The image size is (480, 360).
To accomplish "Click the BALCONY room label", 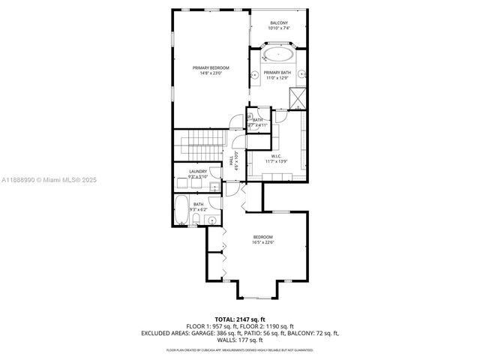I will (x=279, y=23).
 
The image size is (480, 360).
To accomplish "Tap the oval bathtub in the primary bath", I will (x=280, y=55).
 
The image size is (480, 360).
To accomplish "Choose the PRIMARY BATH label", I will (x=276, y=72).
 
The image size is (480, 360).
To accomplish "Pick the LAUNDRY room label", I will (x=198, y=171).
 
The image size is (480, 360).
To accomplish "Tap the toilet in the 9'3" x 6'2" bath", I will (x=195, y=219).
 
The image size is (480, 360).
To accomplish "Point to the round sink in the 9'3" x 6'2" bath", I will (x=212, y=220).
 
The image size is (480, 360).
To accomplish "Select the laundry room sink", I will (x=214, y=186).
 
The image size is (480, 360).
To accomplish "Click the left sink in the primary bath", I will (x=255, y=75).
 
